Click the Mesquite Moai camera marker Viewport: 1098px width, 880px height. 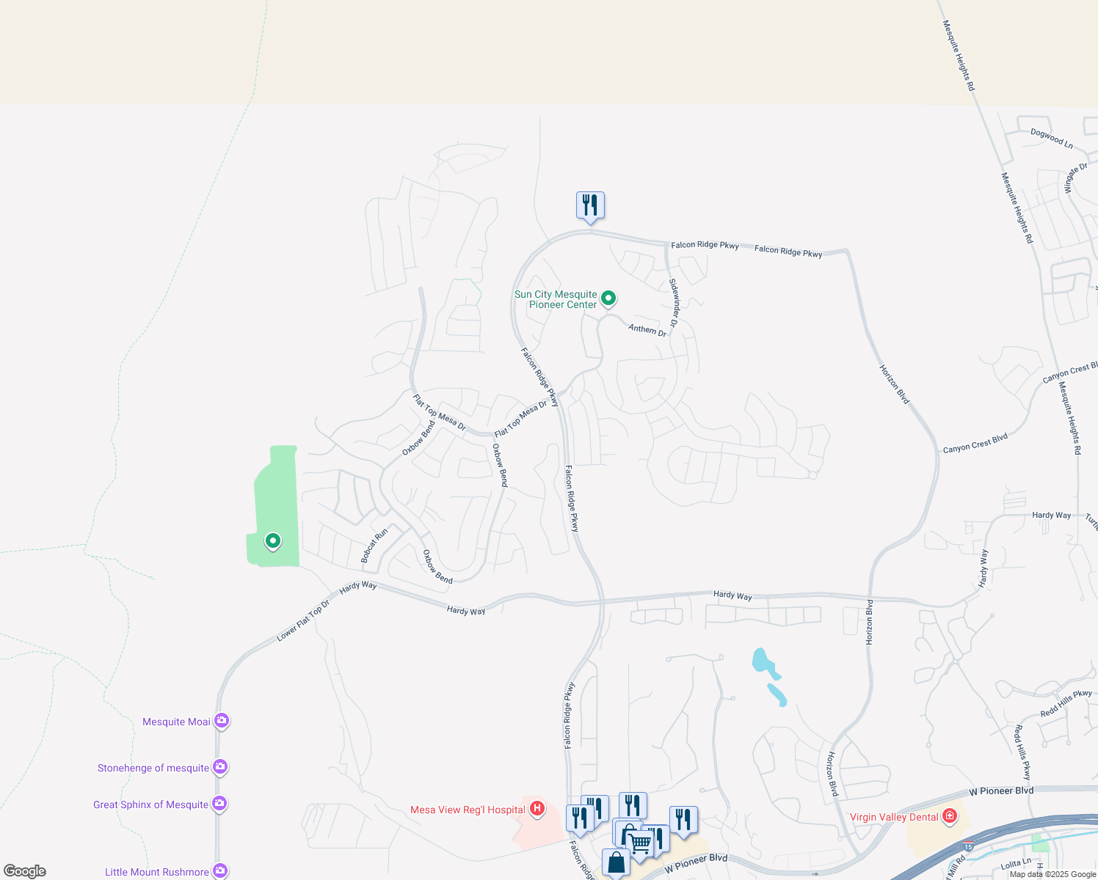(x=221, y=722)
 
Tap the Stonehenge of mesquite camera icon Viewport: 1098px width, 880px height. (x=219, y=768)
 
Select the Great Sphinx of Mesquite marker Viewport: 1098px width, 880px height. (x=219, y=804)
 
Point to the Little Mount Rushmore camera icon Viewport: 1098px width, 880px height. (x=219, y=871)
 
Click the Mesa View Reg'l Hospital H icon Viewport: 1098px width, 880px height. (x=537, y=809)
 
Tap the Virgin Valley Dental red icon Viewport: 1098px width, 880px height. (x=950, y=816)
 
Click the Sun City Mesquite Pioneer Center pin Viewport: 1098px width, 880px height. (x=608, y=298)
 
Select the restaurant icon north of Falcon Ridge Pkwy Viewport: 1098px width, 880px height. (x=590, y=205)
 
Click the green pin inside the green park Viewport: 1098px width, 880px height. (x=273, y=542)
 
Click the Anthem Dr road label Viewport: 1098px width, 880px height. (x=647, y=330)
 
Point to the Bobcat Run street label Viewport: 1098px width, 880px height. (x=374, y=546)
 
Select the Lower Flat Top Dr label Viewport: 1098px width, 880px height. (x=303, y=621)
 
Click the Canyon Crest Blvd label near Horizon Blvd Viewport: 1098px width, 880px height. (x=975, y=444)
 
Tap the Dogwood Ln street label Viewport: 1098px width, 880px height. (x=1052, y=139)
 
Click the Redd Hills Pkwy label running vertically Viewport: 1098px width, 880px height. (x=1022, y=752)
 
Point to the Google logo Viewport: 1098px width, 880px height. (x=25, y=871)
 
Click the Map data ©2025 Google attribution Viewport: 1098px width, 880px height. (x=1052, y=874)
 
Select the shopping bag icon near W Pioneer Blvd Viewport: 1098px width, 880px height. (x=616, y=862)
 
